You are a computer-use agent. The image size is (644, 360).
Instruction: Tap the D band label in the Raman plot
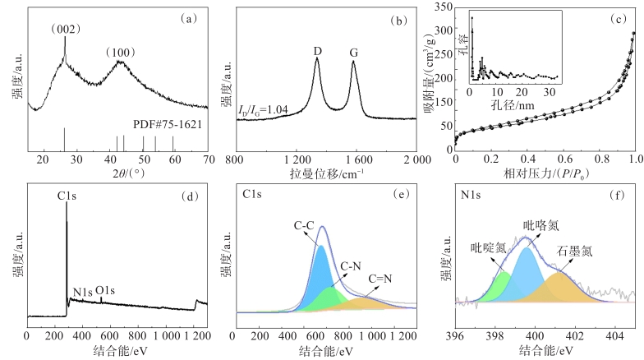317,52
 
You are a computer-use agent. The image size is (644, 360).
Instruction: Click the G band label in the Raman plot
354,52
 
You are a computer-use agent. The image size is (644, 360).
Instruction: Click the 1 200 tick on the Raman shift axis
296,162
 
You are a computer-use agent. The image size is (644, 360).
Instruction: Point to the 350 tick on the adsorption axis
443,7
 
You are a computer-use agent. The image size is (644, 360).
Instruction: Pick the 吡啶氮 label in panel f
488,247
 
